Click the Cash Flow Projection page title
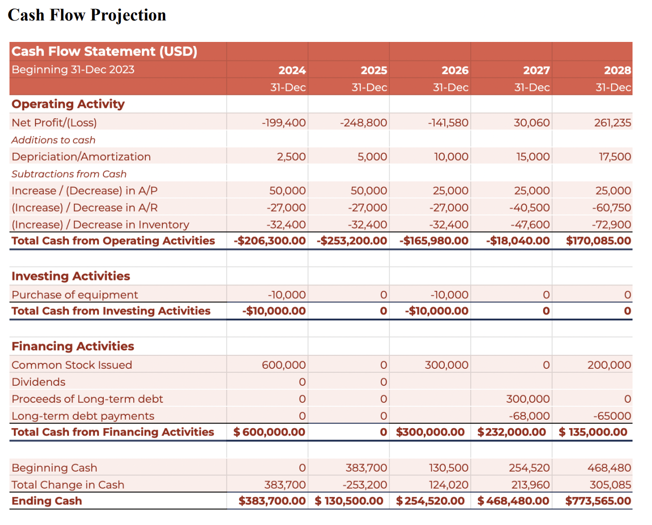point(87,15)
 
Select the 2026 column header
point(455,70)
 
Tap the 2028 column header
point(618,70)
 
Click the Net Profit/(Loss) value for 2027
point(532,123)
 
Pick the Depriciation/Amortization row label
point(81,157)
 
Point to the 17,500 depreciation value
point(615,157)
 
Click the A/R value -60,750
point(612,208)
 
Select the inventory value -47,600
point(530,225)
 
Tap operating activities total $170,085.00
point(599,241)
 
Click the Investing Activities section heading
point(70,276)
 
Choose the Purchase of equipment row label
point(74,295)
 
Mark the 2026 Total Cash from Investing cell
point(437,311)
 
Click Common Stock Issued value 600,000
point(284,365)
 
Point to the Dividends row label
point(38,382)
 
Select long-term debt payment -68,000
point(529,416)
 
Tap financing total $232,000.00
point(512,432)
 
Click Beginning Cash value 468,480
point(609,468)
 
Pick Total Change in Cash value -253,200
point(365,485)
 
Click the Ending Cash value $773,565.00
point(598,501)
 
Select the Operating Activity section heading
point(68,104)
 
